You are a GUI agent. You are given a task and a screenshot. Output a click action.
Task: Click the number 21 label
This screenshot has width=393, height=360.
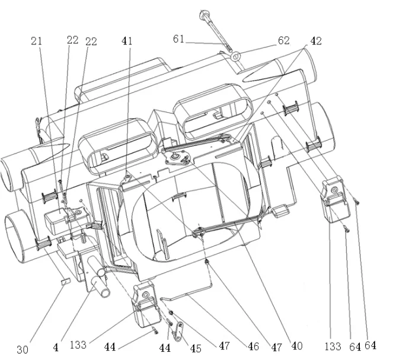(36, 41)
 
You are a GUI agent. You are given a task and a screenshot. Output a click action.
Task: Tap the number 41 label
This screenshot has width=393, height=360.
(127, 41)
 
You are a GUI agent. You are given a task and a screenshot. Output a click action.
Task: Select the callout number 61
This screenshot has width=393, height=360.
(178, 40)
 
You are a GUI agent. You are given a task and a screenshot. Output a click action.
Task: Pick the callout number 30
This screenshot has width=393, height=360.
(22, 349)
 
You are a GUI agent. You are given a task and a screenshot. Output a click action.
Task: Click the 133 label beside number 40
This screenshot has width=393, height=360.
(333, 346)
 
